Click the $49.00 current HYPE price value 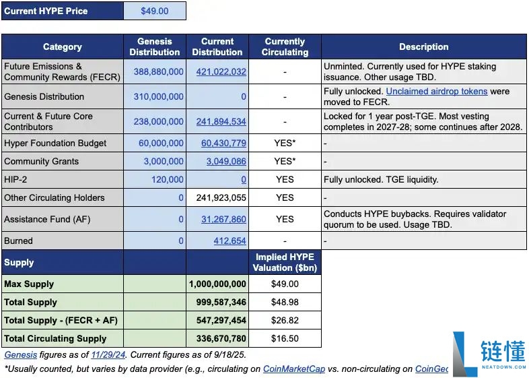coord(155,11)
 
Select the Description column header coord(424,46)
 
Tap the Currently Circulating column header coord(285,46)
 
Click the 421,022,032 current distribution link coord(221,71)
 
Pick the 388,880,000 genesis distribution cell coord(159,71)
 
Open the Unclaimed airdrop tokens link coord(437,91)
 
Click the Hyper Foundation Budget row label coord(55,144)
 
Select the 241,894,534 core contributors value coord(221,121)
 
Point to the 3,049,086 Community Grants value coord(226,162)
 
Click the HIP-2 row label coord(15,179)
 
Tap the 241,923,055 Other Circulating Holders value coord(221,197)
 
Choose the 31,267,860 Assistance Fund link coord(223,219)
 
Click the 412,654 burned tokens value coord(230,241)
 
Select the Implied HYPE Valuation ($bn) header coord(285,263)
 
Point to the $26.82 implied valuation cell coord(285,320)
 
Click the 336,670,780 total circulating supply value coord(221,338)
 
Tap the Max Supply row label coord(29,284)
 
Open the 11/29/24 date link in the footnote coord(108,355)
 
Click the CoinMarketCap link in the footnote coord(294,369)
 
